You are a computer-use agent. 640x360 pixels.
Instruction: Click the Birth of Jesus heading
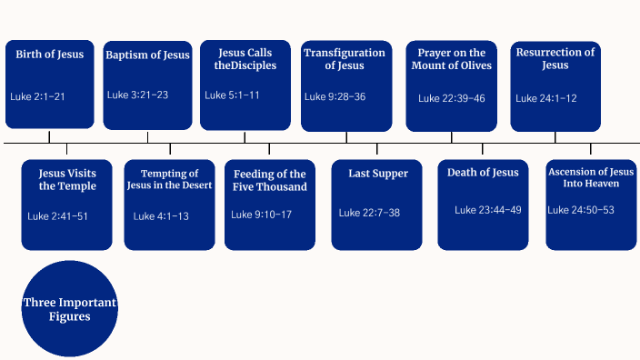pyautogui.click(x=49, y=55)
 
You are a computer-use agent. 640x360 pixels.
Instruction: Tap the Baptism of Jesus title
pyautogui.click(x=147, y=55)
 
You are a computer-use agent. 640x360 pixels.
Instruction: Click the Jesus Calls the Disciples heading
pyautogui.click(x=245, y=60)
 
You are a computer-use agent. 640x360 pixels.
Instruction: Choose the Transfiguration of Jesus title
pyautogui.click(x=346, y=60)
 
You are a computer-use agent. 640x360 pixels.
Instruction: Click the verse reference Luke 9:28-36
pyautogui.click(x=335, y=96)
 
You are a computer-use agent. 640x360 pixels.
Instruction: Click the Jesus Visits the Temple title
pyautogui.click(x=67, y=180)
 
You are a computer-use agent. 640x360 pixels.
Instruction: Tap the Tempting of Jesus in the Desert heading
pyautogui.click(x=170, y=180)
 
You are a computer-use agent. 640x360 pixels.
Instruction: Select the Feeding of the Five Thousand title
pyautogui.click(x=270, y=180)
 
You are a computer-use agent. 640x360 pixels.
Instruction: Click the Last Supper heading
pyautogui.click(x=378, y=174)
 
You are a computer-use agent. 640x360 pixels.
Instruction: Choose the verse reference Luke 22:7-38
pyautogui.click(x=369, y=213)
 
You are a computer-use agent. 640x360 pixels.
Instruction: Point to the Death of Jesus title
pyautogui.click(x=483, y=173)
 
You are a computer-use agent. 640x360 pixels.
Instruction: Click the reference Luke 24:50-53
pyautogui.click(x=581, y=210)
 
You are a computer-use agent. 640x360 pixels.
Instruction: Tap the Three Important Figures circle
pyautogui.click(x=70, y=310)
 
